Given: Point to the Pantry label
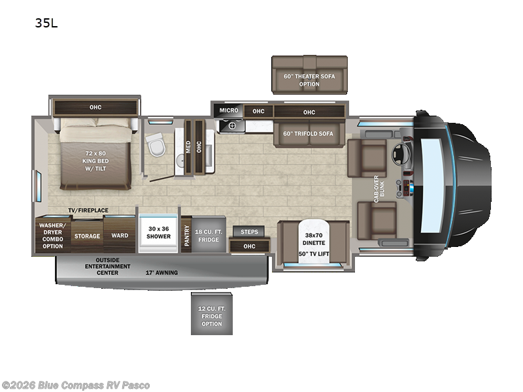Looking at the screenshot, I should coord(186,235).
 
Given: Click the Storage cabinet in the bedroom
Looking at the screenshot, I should coord(87,236).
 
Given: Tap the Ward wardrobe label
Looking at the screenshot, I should coord(120,236).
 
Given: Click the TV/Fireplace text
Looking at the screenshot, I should coord(88,210).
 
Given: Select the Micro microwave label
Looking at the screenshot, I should coord(229,110).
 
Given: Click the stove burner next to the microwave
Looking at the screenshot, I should coord(226,126).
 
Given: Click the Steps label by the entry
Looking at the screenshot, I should coord(248,231).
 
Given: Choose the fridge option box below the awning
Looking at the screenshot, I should coord(211,315).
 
